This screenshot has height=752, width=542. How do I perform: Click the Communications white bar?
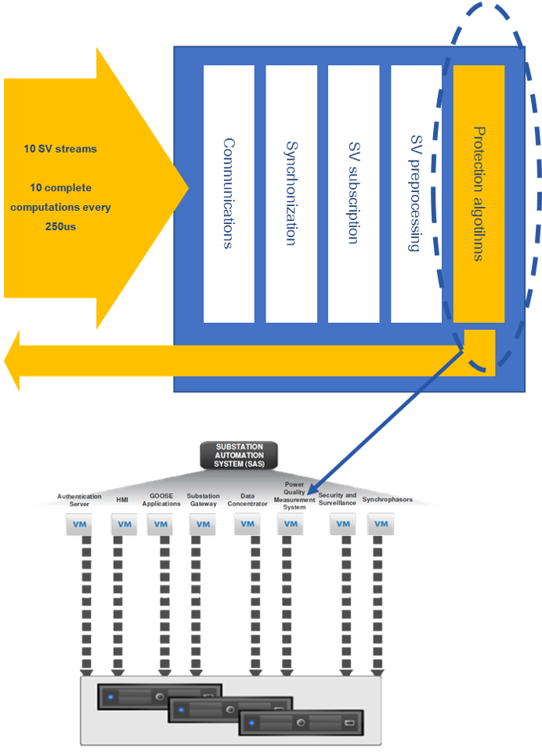[x=229, y=193]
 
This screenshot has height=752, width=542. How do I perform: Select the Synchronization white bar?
[x=291, y=193]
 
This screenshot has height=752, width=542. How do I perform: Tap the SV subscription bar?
[x=353, y=193]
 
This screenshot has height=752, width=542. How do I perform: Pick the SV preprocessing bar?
[x=416, y=193]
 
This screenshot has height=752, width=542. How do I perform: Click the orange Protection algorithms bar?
[x=479, y=193]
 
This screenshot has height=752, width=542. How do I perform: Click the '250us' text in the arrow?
[x=60, y=226]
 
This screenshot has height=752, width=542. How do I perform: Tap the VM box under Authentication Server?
[x=79, y=524]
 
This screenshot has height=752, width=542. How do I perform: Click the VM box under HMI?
[x=124, y=524]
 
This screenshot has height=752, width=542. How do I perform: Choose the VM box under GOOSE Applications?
[x=160, y=524]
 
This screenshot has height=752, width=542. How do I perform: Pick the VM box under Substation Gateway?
[x=203, y=524]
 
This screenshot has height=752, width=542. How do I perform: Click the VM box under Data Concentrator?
[x=248, y=524]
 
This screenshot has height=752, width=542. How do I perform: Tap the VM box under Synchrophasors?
[x=381, y=524]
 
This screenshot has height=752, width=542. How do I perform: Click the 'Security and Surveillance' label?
[x=338, y=499]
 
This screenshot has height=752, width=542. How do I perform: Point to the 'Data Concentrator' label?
[x=248, y=500]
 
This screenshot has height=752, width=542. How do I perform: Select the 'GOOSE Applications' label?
[x=161, y=500]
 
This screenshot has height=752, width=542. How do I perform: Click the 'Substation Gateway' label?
[x=204, y=500]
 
